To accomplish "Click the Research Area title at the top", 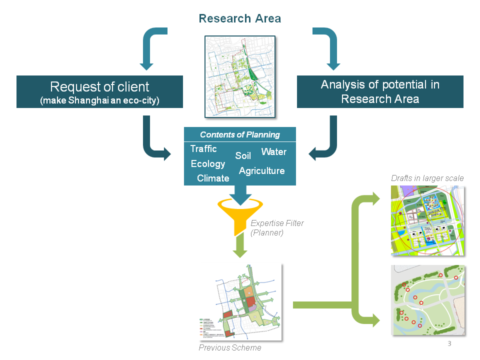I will click(x=240, y=19).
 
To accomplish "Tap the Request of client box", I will click(x=99, y=91).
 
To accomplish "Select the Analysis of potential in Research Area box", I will click(x=380, y=91).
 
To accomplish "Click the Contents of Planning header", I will click(x=240, y=134).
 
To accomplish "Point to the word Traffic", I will click(x=203, y=149).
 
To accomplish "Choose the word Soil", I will click(x=243, y=156).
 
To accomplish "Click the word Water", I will click(x=273, y=151).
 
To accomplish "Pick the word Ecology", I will click(x=208, y=164).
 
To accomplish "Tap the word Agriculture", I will click(x=261, y=171).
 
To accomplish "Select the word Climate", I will click(x=213, y=178).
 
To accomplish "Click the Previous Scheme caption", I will click(x=230, y=347).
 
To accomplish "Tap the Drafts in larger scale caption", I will click(x=427, y=178).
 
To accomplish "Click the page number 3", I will click(x=449, y=343).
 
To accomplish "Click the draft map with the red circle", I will click(x=427, y=221).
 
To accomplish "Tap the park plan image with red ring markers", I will click(x=427, y=300).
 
